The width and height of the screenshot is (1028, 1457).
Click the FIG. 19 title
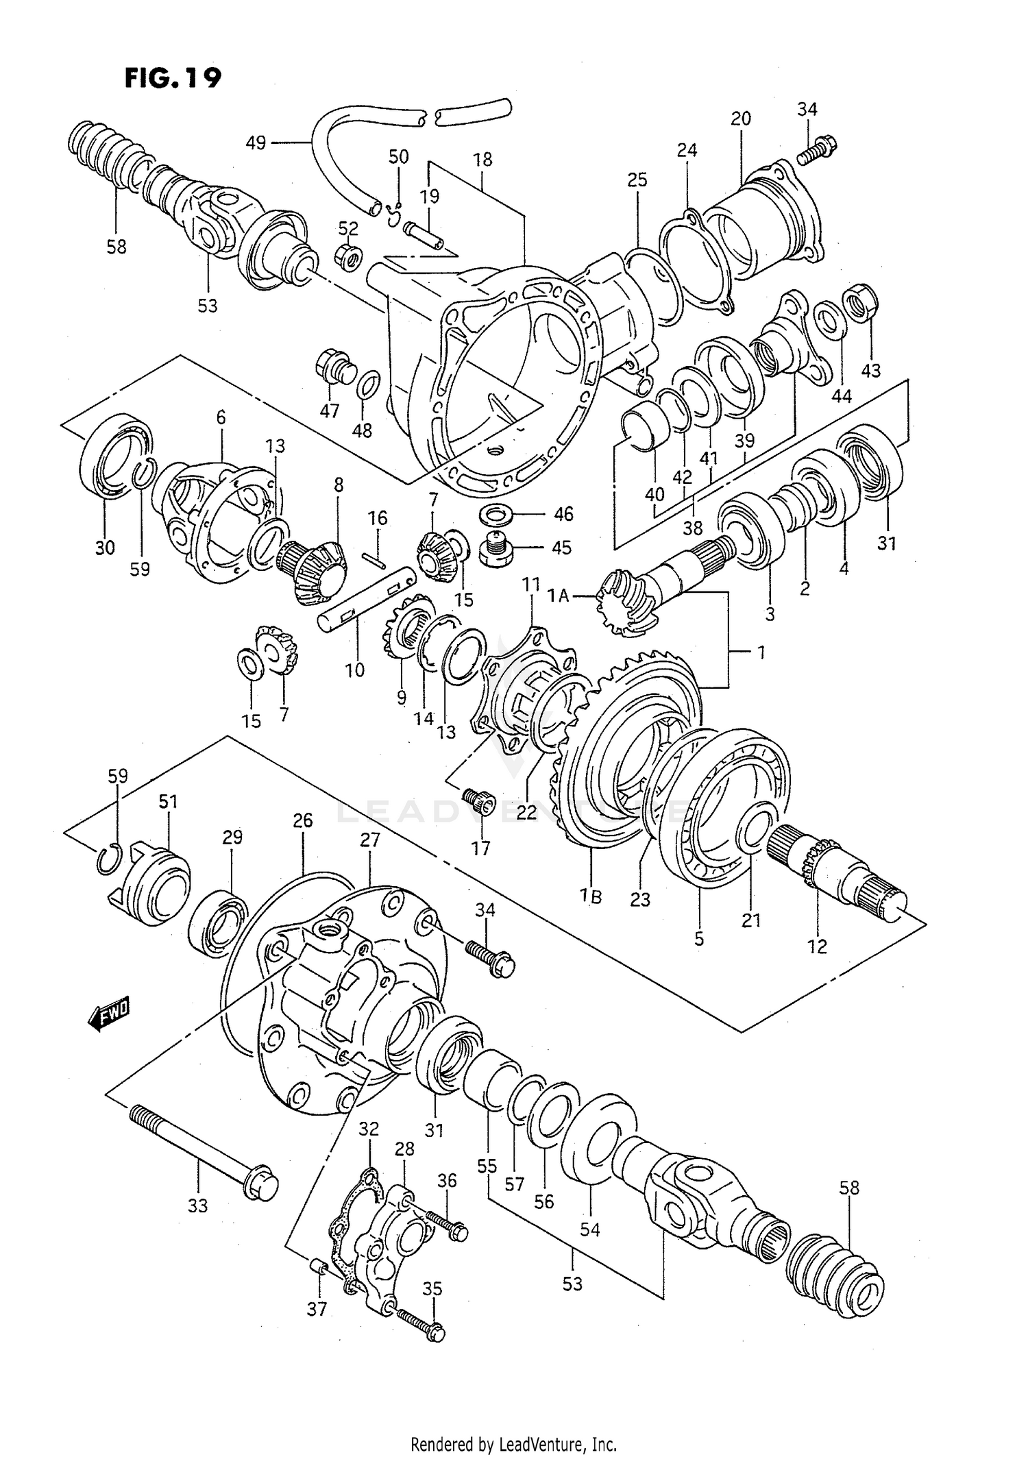click(x=173, y=78)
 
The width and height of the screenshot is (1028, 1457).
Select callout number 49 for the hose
click(x=256, y=143)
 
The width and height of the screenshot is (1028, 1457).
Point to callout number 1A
click(x=559, y=596)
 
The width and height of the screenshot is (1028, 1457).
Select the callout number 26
click(x=302, y=820)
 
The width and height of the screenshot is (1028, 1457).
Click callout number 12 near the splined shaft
click(x=817, y=946)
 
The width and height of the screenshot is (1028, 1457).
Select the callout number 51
click(x=168, y=801)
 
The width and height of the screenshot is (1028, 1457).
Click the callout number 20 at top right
click(x=740, y=119)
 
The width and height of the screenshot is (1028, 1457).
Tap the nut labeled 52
click(x=348, y=257)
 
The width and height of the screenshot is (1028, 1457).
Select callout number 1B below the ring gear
click(x=590, y=895)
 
